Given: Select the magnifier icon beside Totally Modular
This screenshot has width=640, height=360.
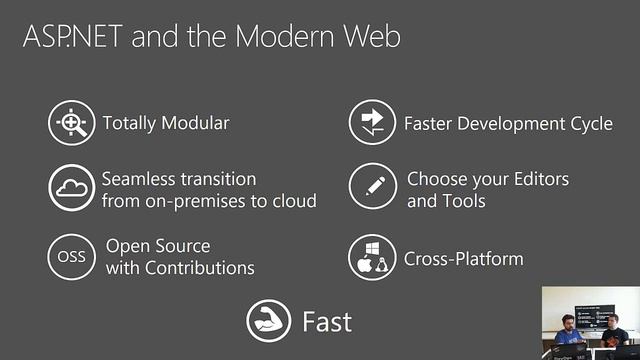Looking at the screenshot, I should pyautogui.click(x=71, y=124).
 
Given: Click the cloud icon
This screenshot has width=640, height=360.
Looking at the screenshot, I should pyautogui.click(x=71, y=189).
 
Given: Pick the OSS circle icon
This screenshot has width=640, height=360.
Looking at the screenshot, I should pyautogui.click(x=71, y=257).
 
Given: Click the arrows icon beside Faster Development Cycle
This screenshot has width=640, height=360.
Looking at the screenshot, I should pyautogui.click(x=372, y=124).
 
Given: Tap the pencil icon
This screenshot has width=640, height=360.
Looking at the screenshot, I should pyautogui.click(x=372, y=189).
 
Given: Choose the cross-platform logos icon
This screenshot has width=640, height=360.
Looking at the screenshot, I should pyautogui.click(x=372, y=259).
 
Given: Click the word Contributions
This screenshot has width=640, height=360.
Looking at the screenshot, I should pyautogui.click(x=199, y=268).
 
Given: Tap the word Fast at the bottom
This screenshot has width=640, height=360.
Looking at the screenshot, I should pyautogui.click(x=327, y=321).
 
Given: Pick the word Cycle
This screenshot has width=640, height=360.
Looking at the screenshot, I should pyautogui.click(x=585, y=124).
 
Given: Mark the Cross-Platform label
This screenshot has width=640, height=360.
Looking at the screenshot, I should pyautogui.click(x=463, y=259).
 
